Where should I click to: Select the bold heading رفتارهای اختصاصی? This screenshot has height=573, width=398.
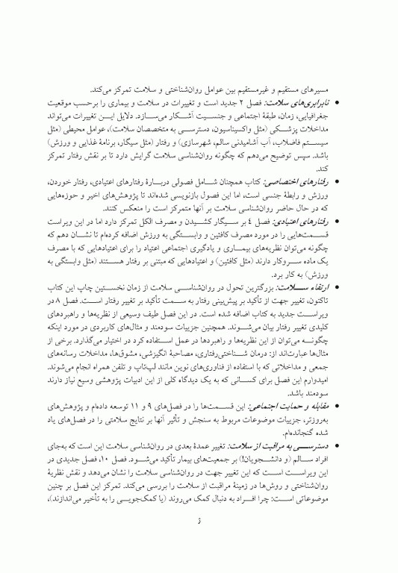point(324,181)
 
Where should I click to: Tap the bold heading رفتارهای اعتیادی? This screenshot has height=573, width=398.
point(325,223)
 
